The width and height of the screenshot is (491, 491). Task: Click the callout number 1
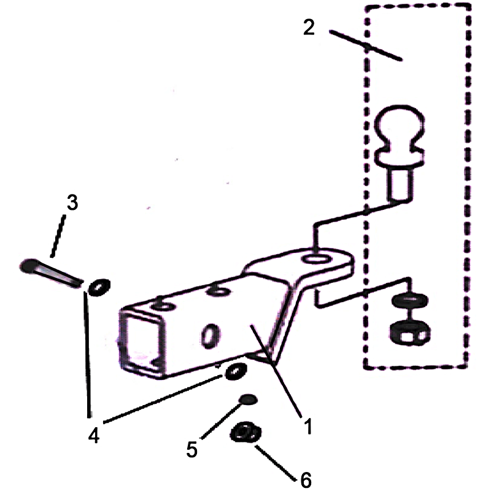click(x=309, y=426)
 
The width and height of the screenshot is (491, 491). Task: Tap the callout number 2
click(x=309, y=27)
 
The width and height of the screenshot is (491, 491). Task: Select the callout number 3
click(x=72, y=203)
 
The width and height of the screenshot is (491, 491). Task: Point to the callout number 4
click(x=94, y=435)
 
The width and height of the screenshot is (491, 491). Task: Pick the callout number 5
click(x=191, y=449)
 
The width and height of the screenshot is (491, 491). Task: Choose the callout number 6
click(x=306, y=480)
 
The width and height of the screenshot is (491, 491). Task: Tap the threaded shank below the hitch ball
click(x=399, y=184)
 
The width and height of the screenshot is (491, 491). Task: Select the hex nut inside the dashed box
click(x=410, y=333)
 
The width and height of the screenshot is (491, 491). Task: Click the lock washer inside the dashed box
click(x=410, y=300)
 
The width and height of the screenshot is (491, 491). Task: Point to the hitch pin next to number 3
click(x=50, y=272)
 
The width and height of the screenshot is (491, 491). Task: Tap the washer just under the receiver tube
click(x=236, y=371)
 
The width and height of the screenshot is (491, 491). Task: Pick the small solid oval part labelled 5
click(x=248, y=400)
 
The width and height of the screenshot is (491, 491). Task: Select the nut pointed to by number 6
click(x=245, y=432)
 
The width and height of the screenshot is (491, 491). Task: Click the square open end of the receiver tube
click(x=142, y=341)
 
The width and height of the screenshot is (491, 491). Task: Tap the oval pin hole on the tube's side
click(x=210, y=336)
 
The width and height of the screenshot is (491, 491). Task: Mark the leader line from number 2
click(x=365, y=45)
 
